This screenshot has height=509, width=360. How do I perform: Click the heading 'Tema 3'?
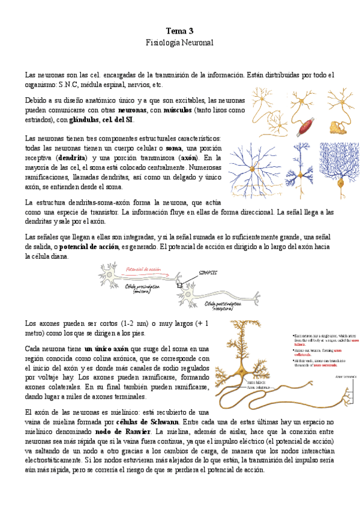tap(179, 31)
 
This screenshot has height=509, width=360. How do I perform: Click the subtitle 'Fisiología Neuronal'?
tap(179, 43)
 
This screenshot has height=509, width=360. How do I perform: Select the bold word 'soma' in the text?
tap(174, 148)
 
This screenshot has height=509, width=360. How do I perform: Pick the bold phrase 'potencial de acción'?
tap(89, 246)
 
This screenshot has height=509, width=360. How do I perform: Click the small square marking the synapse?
tap(179, 286)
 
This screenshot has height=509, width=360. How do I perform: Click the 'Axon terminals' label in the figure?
tap(346, 376)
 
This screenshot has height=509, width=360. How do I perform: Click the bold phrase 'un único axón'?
tap(106, 349)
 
